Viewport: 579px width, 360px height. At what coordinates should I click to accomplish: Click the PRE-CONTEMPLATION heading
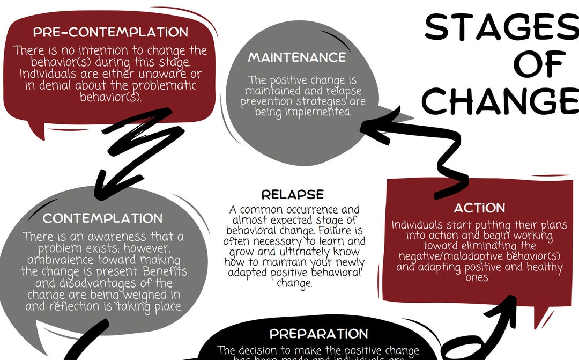point(111,32)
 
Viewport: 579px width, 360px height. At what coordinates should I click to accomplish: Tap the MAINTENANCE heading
point(297,57)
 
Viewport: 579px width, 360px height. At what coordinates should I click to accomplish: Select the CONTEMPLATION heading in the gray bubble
point(102,218)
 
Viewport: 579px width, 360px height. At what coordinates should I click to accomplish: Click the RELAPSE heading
point(293,194)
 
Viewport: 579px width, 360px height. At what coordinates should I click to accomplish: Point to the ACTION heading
point(479,208)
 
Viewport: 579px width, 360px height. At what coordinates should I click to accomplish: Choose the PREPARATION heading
point(318,334)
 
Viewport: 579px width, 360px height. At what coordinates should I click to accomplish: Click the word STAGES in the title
point(501,27)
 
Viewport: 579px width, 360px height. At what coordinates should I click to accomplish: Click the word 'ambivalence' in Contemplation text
point(59,260)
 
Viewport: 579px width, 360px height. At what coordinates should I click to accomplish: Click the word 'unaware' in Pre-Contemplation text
point(159,74)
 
